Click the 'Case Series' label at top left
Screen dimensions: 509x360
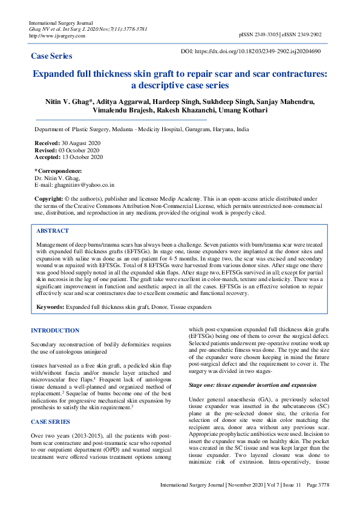[51, 56]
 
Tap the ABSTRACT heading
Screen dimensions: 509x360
[53, 231]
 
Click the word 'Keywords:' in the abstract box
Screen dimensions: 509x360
[50, 307]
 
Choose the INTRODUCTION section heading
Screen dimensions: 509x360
[56, 331]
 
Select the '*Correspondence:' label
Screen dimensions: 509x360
[58, 171]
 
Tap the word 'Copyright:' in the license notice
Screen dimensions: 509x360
[48, 198]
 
